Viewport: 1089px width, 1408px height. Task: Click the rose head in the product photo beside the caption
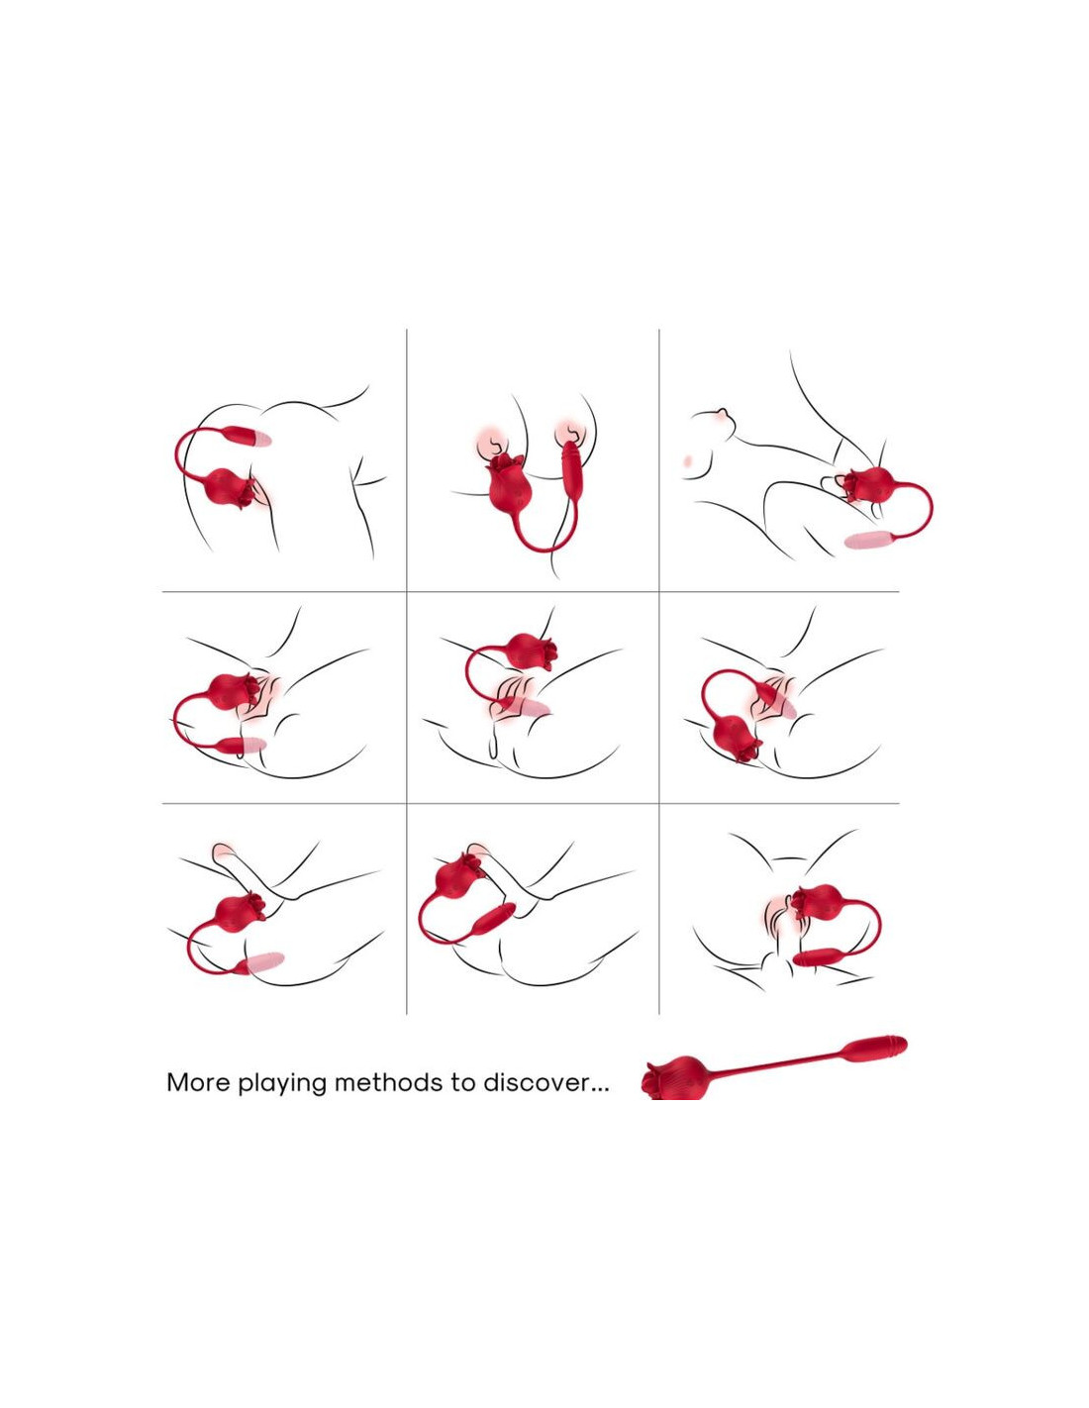tap(673, 1079)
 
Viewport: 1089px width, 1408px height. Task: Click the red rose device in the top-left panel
tap(230, 487)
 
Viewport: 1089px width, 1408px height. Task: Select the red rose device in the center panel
tap(533, 652)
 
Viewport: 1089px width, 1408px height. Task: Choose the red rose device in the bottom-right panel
tap(819, 901)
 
